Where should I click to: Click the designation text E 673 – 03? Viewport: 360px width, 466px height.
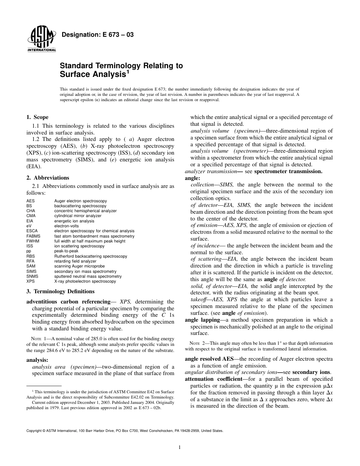point(97,35)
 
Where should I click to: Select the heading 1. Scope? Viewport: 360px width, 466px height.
point(37,117)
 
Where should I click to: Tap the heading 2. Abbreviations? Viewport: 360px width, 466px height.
point(48,178)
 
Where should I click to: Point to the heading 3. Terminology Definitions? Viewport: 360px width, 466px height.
point(60,291)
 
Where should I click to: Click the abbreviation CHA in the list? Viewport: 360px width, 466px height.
point(31,211)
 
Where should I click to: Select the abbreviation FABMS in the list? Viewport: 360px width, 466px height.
point(33,236)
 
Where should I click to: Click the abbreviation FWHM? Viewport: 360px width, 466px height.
point(33,241)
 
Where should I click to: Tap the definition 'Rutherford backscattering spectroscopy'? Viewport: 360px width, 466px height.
point(91,256)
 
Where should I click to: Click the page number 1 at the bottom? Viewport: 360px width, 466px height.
point(180,447)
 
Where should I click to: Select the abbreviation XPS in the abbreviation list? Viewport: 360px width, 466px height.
point(30,281)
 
